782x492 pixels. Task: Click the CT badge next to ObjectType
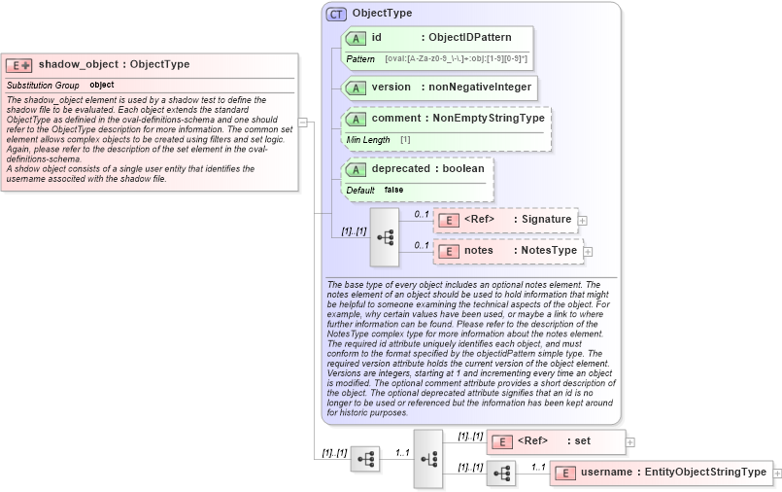pos(336,14)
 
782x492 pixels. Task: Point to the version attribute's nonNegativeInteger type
pos(480,88)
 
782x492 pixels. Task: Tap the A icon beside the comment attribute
pos(356,119)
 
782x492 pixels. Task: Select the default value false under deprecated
pos(393,190)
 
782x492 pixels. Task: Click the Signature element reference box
pos(505,220)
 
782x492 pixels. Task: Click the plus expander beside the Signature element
pos(583,221)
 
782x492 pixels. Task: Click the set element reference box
pos(556,441)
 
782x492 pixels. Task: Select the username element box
pos(661,473)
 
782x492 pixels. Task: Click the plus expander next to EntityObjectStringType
pos(777,474)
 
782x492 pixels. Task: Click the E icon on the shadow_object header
pos(18,65)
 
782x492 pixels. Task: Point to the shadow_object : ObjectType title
pos(114,65)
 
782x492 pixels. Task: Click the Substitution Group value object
pos(102,86)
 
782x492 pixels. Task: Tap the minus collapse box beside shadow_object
pos(303,123)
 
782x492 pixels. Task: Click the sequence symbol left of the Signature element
pos(385,236)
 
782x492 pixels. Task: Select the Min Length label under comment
pos(368,140)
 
